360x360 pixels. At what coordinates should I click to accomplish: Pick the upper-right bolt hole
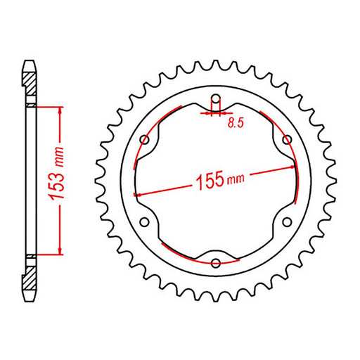tap(286, 139)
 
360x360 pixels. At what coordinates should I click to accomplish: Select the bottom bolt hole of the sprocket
tap(216, 264)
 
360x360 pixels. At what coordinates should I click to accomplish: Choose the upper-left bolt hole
tap(146, 139)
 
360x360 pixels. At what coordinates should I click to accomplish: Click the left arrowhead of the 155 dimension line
tap(139, 193)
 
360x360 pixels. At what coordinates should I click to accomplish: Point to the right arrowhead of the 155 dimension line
tap(289, 168)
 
